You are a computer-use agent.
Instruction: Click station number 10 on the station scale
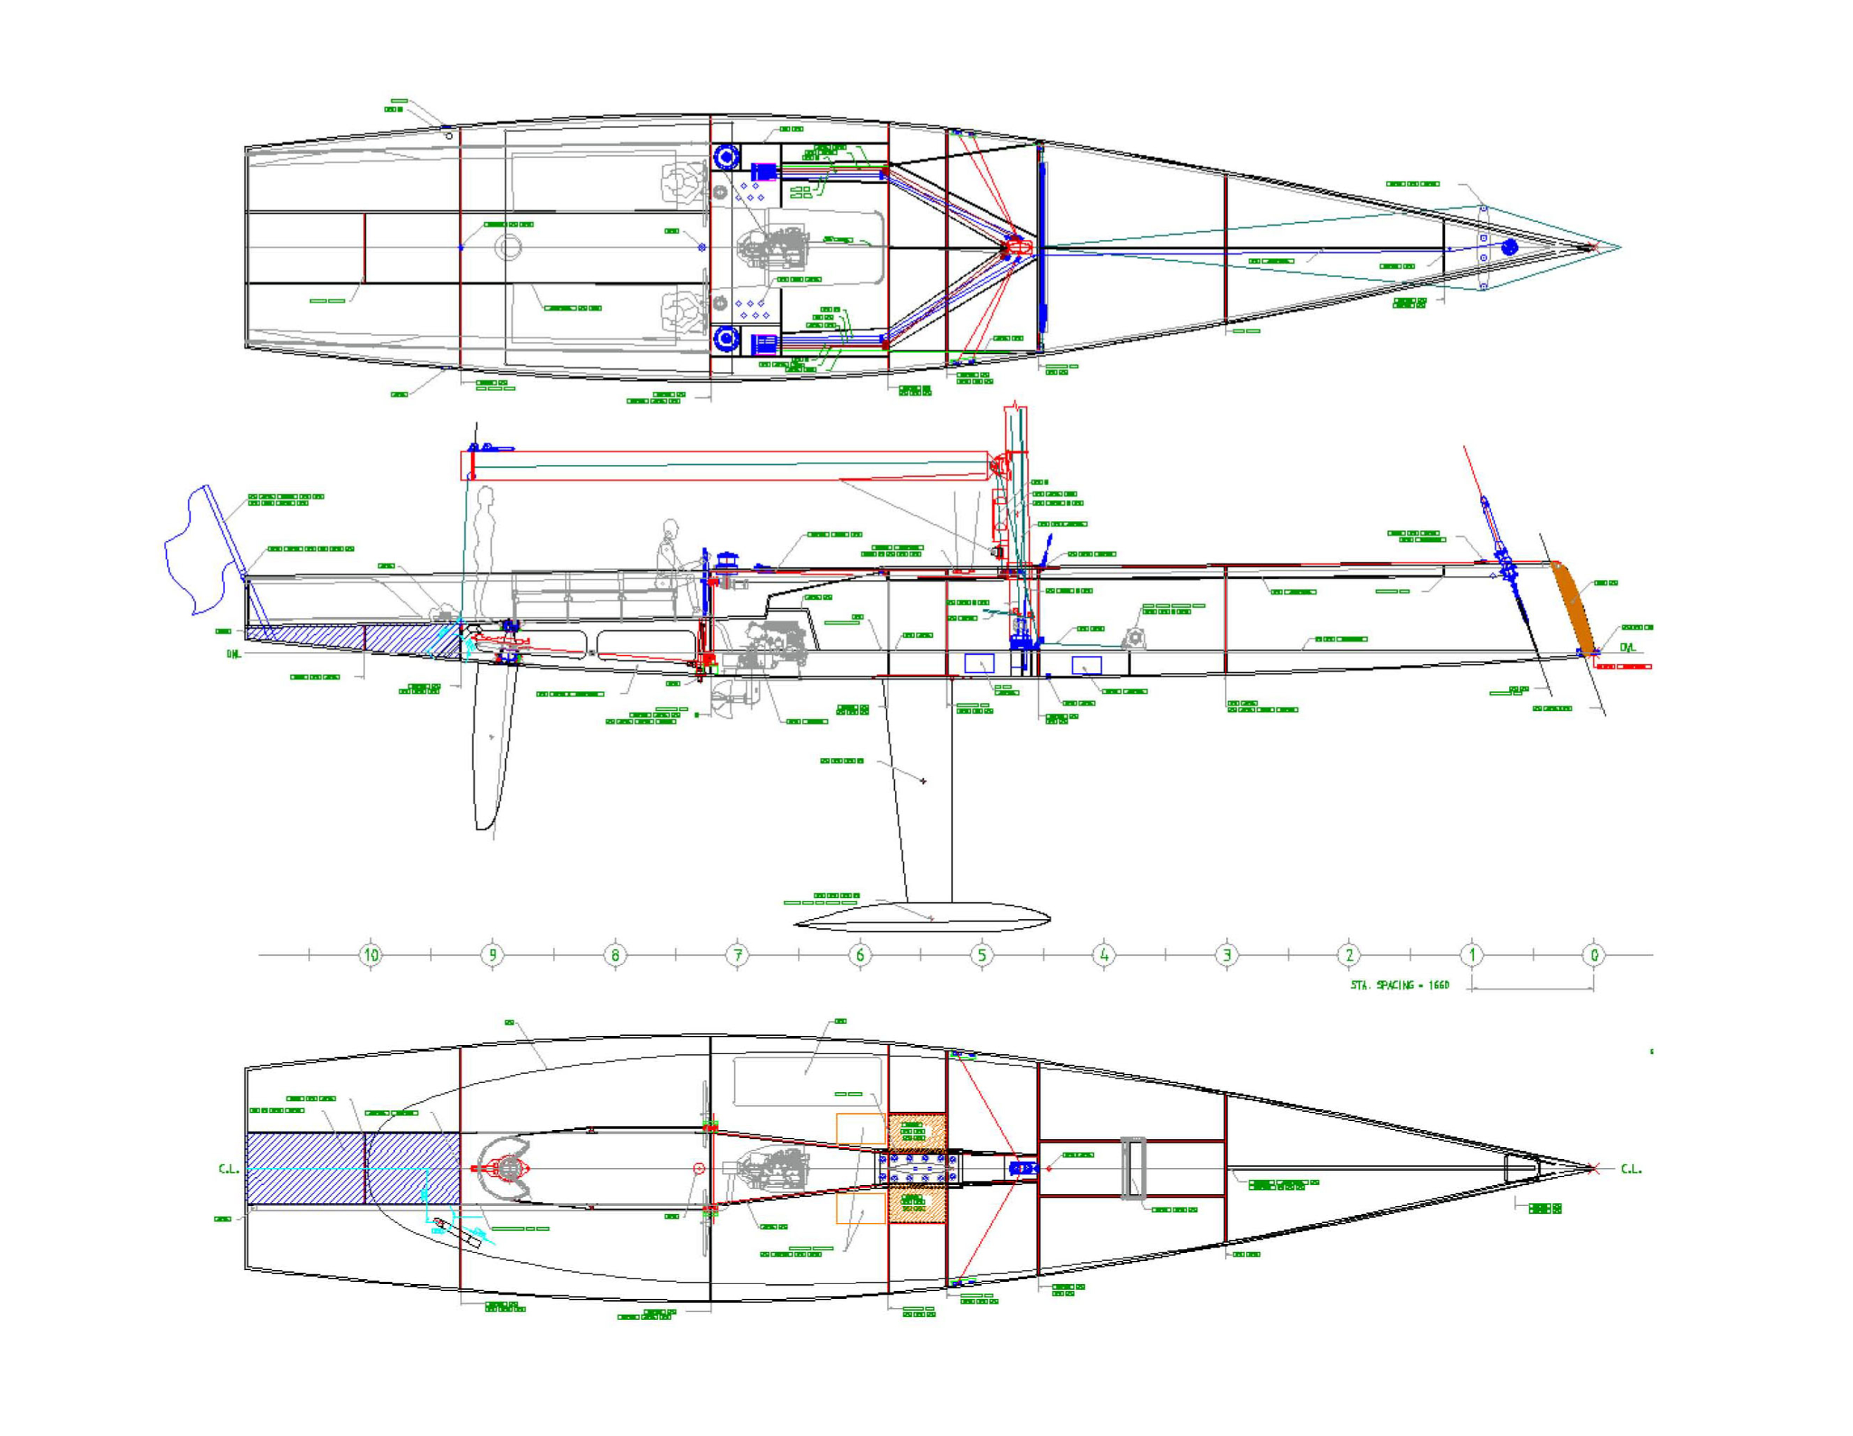tap(371, 954)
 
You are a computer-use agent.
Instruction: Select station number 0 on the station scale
tap(1593, 954)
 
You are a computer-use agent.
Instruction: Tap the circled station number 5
tap(981, 954)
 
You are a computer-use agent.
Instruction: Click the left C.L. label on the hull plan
tap(228, 1169)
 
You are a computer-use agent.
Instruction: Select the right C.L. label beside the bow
tap(1631, 1169)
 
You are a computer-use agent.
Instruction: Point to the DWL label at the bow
tap(1627, 647)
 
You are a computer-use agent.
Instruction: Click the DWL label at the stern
tap(234, 654)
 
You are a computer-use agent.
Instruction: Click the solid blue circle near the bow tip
tap(1510, 247)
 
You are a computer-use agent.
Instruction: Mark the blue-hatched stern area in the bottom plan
tap(352, 1168)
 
